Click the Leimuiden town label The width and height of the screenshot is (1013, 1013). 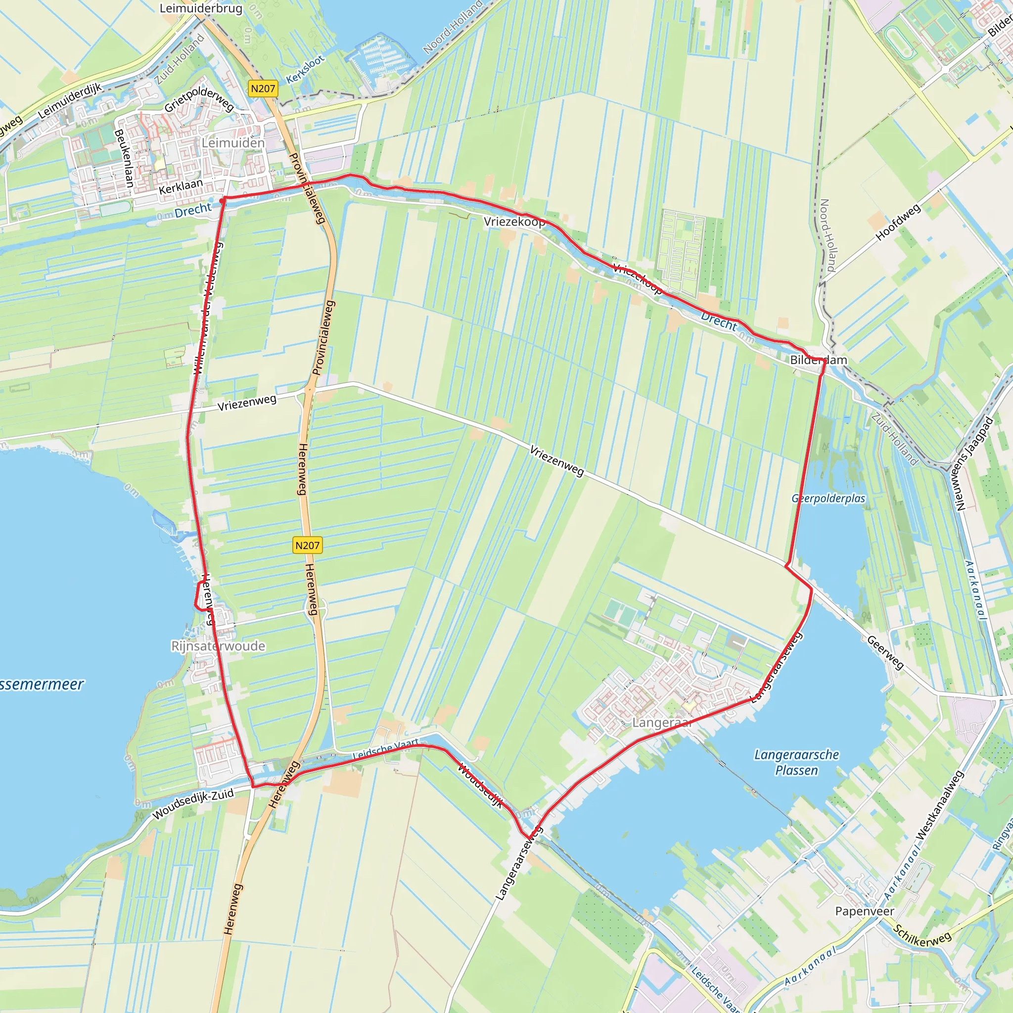point(233,142)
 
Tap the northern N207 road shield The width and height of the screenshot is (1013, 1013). point(263,89)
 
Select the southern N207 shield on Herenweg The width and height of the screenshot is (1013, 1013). point(307,545)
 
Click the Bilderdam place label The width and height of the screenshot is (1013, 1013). point(819,360)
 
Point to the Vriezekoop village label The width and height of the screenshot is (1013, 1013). point(514,221)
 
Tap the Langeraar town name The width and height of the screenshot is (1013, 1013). point(662,723)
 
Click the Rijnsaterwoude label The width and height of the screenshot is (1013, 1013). point(218,645)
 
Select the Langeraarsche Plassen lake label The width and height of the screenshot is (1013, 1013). point(796,762)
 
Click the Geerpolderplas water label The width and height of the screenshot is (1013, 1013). point(829,498)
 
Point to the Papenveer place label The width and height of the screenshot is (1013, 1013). point(865,911)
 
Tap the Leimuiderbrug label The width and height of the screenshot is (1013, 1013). point(201,8)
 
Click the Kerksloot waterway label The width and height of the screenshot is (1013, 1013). point(305,70)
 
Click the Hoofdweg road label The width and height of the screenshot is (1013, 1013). point(898,222)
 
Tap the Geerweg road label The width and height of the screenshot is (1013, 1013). point(885,652)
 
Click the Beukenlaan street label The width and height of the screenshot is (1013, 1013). point(125,158)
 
